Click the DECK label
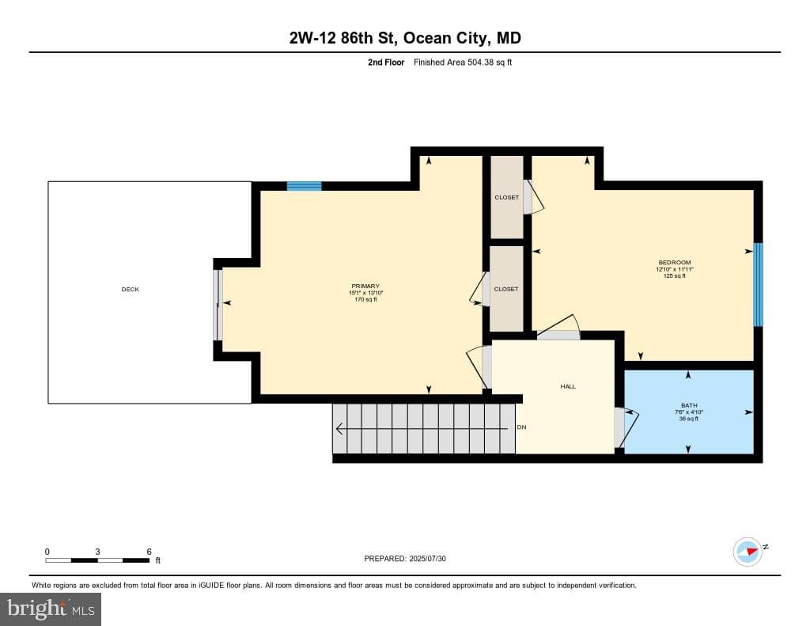[131, 290]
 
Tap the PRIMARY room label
[365, 286]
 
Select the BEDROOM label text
[675, 263]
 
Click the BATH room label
[689, 405]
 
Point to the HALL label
[568, 386]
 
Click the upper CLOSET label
[507, 198]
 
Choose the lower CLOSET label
[506, 289]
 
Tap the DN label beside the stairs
[522, 427]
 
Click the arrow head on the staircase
[339, 428]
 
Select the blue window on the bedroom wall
[758, 285]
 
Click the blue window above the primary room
[305, 186]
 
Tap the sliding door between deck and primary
[218, 305]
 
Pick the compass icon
[748, 552]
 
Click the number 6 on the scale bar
[150, 552]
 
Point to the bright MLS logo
[51, 609]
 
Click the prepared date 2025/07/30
[427, 559]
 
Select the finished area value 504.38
[480, 62]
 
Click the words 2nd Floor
[386, 62]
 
